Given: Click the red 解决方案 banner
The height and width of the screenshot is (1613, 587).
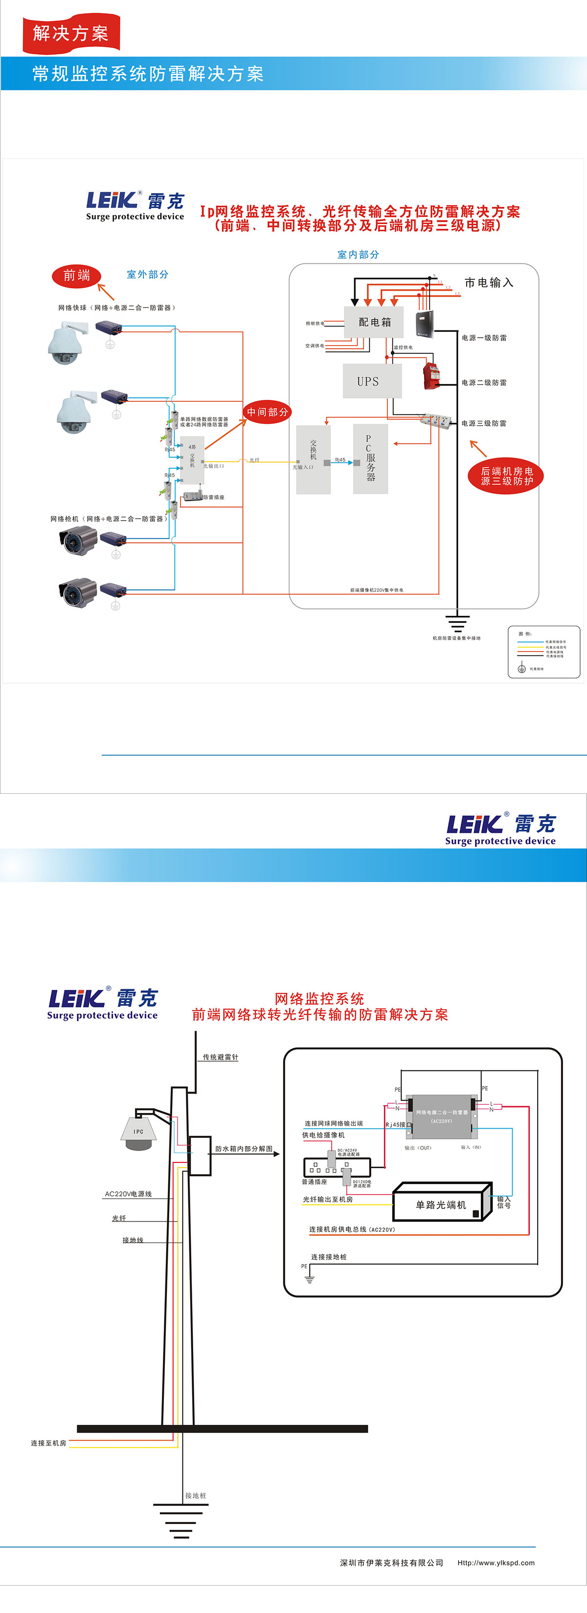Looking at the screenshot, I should pyautogui.click(x=71, y=33).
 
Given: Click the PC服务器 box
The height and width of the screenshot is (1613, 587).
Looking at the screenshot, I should pyautogui.click(x=370, y=458).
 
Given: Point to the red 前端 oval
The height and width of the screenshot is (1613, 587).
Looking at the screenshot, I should pyautogui.click(x=76, y=276).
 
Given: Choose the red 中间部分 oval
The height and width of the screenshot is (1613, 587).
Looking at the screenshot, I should pyautogui.click(x=268, y=412).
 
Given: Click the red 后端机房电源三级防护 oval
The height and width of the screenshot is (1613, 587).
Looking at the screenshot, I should pyautogui.click(x=506, y=476).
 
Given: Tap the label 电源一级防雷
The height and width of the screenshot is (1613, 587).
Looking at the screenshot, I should pyautogui.click(x=484, y=338).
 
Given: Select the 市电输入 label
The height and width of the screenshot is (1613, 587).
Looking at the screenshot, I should pyautogui.click(x=489, y=283).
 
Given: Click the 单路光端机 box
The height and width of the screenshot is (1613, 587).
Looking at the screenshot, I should pyautogui.click(x=441, y=1204).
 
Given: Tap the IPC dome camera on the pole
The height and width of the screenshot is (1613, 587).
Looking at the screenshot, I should pyautogui.click(x=138, y=1133).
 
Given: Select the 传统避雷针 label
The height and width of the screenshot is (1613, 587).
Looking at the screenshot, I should pyautogui.click(x=220, y=1057).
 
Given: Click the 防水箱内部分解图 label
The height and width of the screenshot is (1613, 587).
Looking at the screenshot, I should pyautogui.click(x=244, y=1148).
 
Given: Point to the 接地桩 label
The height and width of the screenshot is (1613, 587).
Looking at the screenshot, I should pyautogui.click(x=196, y=1495).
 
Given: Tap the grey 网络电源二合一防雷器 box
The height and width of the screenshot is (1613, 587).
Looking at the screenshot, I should pyautogui.click(x=442, y=1116).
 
